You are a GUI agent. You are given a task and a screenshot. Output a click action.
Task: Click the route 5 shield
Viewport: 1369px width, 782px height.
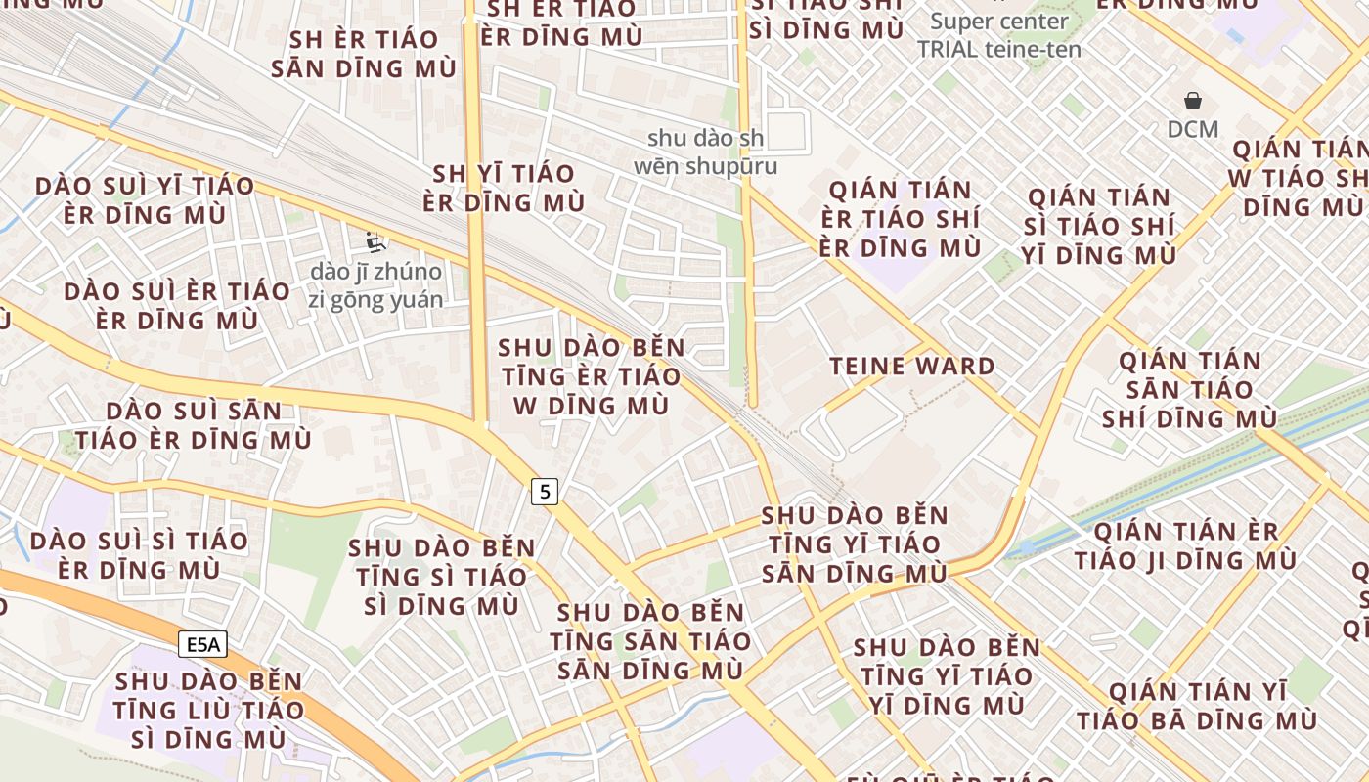coord(545,491)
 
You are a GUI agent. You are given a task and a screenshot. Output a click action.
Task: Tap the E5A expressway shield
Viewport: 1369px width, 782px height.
coord(203,644)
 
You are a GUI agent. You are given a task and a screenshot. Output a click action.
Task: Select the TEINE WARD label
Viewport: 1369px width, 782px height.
coord(912,367)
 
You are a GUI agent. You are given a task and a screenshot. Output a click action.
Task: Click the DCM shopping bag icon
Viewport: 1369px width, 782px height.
coord(1193,101)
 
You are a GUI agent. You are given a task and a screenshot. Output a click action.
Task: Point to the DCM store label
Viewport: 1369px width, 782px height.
coord(1193,129)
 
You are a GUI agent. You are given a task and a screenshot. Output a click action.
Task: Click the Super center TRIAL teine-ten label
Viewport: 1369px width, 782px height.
coord(999,35)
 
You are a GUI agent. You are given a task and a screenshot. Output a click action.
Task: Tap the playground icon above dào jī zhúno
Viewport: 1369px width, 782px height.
coord(373,240)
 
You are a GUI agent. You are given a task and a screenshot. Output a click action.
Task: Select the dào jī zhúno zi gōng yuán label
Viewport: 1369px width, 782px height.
coord(376,285)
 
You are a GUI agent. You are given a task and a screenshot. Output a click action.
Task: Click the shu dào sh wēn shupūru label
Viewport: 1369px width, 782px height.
coord(706,152)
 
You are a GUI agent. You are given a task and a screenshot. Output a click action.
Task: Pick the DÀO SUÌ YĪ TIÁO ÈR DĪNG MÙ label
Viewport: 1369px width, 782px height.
coord(145,200)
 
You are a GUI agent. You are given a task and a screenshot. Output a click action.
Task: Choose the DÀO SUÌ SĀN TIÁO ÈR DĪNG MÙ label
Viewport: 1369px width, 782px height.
coord(194,425)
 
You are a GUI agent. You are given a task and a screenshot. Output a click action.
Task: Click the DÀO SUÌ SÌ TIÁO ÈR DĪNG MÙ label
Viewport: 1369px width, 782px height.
coord(139,554)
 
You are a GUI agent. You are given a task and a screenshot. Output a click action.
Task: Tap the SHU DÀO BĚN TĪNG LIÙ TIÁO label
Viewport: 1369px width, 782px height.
coord(208,710)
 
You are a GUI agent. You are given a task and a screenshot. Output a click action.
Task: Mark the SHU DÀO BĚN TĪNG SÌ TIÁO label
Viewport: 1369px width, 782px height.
coord(442,577)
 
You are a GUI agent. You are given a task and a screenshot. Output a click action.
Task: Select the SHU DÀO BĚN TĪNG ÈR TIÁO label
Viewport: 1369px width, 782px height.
coord(591,376)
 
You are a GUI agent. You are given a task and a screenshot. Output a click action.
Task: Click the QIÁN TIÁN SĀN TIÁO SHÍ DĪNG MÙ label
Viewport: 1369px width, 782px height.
coord(1190,390)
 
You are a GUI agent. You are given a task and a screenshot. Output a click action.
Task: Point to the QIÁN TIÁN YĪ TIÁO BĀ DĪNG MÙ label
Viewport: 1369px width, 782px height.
coord(1198,707)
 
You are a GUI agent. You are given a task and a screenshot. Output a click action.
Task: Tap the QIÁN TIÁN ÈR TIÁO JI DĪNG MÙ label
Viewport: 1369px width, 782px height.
coord(1186,546)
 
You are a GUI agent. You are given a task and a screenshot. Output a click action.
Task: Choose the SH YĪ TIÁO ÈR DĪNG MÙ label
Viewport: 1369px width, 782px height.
coord(504,188)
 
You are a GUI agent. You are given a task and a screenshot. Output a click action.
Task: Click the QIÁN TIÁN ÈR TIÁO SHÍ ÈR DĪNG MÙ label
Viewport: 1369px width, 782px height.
coord(901,219)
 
